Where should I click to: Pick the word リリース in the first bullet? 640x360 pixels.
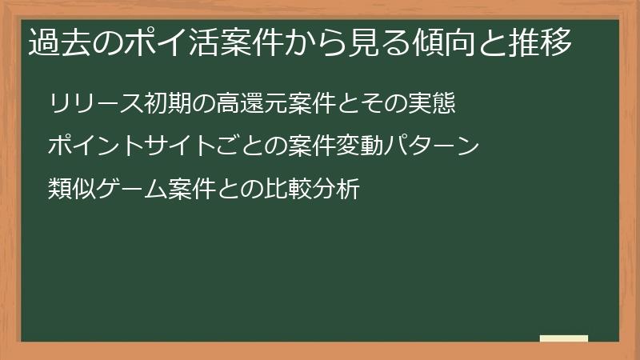tap(96, 105)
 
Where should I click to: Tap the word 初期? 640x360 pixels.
tap(170, 105)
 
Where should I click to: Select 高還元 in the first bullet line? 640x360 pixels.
tap(256, 105)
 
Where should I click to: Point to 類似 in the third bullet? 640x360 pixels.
tap(72, 190)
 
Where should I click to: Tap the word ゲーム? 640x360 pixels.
tap(132, 190)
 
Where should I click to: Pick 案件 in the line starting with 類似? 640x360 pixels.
tap(194, 190)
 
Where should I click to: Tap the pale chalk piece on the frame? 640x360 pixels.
tap(564, 338)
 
